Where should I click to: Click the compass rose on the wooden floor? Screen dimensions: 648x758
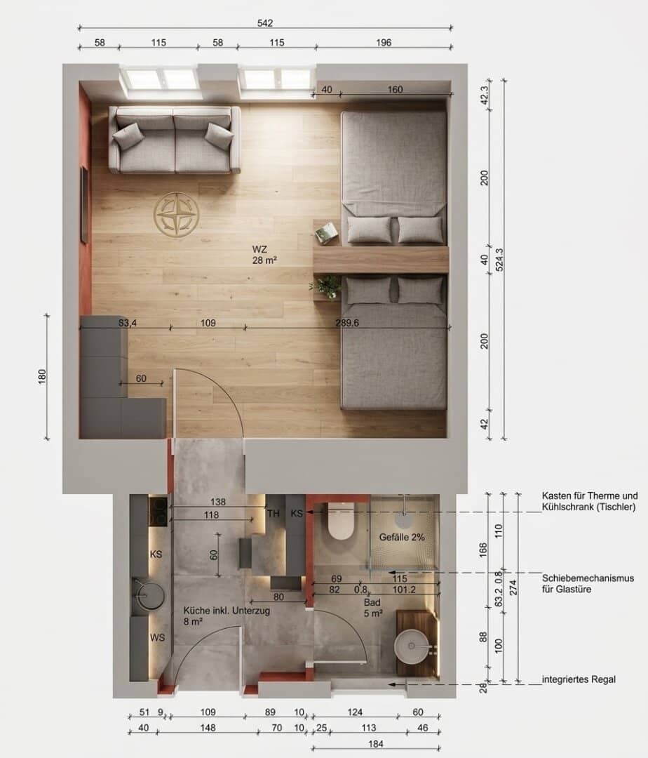tap(176, 214)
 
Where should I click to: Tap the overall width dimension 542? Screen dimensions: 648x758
tap(265, 22)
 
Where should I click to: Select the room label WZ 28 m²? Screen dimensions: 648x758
tap(264, 255)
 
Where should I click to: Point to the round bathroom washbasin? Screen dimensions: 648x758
tap(412, 646)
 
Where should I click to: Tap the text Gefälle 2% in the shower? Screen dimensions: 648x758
tap(402, 537)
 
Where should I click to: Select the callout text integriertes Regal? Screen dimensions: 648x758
tap(579, 679)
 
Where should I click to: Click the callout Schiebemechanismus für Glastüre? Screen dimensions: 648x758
tap(588, 583)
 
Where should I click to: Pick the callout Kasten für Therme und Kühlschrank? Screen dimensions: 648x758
tap(589, 501)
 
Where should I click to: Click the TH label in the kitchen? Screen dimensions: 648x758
tap(274, 513)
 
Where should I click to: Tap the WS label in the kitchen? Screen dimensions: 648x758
tap(157, 637)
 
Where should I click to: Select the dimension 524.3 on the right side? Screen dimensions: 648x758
tap(499, 260)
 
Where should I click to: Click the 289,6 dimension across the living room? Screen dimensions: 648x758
tap(347, 323)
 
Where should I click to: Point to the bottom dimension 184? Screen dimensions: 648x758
tap(376, 744)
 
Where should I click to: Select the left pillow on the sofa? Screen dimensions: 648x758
tap(128, 136)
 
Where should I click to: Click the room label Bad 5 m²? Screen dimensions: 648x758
tap(373, 608)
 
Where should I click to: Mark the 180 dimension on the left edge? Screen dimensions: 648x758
tap(42, 377)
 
